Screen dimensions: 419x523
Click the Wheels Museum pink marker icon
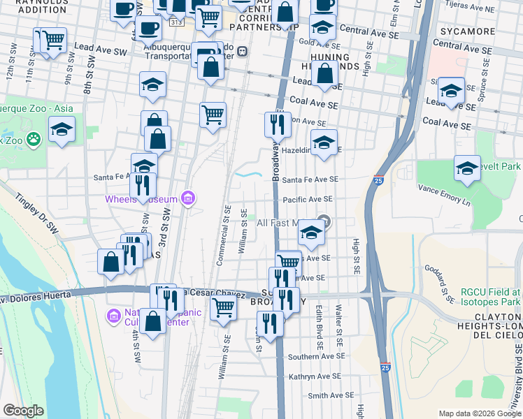pos(187,199)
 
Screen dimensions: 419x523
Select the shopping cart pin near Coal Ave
pos(213,115)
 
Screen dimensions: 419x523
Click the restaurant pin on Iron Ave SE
pos(278,124)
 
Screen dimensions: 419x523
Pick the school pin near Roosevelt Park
pos(467,168)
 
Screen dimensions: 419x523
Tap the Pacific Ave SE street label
pos(308,199)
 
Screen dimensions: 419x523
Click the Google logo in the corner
pos(23,410)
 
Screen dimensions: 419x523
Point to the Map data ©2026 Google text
pos(480,413)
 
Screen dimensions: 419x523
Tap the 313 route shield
pos(175,22)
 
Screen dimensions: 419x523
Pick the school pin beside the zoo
pos(62,129)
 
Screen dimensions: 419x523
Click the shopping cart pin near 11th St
pos(53,41)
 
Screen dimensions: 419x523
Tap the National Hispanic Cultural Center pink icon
pos(112,316)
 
